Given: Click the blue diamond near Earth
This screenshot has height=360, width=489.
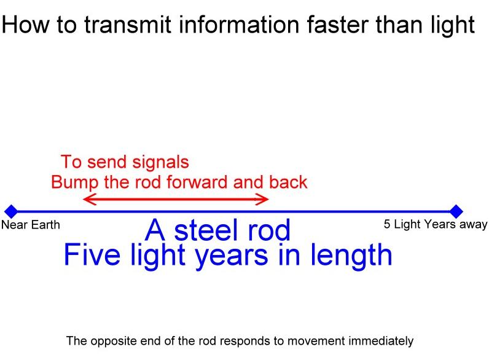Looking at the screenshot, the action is [x=12, y=211].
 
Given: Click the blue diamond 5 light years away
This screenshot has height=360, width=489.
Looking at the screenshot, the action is [x=456, y=211].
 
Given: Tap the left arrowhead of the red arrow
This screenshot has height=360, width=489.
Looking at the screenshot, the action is [x=90, y=199].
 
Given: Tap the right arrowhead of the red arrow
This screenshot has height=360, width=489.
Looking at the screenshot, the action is [x=261, y=199].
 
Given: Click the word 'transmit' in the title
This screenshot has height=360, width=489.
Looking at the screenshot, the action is [x=128, y=25].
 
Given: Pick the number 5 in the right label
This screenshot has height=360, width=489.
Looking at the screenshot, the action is [x=387, y=224].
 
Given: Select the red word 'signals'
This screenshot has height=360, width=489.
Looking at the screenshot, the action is [x=160, y=163].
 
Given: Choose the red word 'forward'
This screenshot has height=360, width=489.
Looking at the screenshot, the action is [x=197, y=182].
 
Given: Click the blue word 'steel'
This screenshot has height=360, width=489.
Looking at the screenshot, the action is [x=207, y=230].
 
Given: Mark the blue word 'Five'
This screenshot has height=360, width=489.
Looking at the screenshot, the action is [x=92, y=254].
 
